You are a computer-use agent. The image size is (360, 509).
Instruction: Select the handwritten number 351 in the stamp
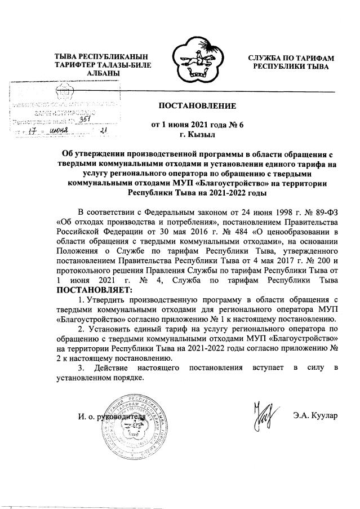click(85, 120)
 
